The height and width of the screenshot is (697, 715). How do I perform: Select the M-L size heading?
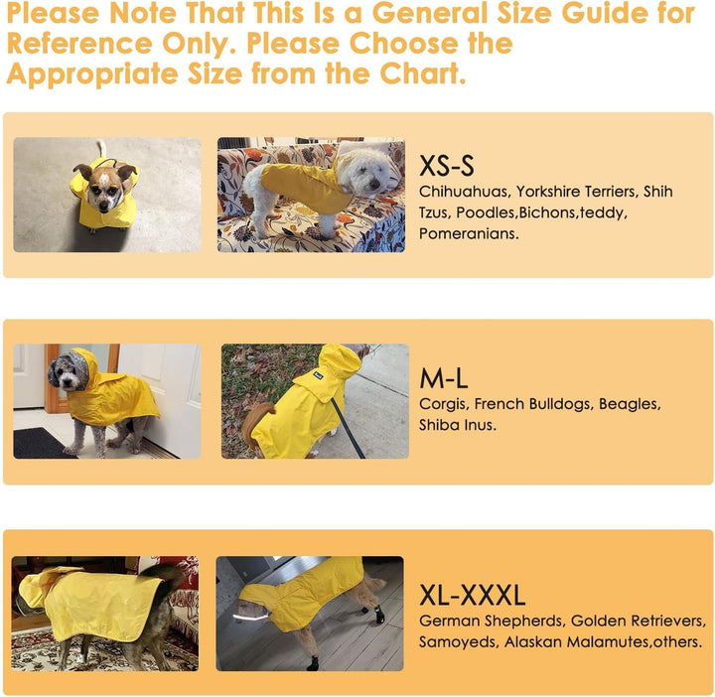(444, 378)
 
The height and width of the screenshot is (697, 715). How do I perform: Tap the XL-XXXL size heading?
(472, 595)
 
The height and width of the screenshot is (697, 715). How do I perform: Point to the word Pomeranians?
(469, 234)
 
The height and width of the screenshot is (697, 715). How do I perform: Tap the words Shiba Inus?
(458, 425)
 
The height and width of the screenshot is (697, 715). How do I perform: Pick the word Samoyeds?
(458, 642)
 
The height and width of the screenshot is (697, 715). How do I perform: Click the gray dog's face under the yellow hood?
(69, 374)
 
